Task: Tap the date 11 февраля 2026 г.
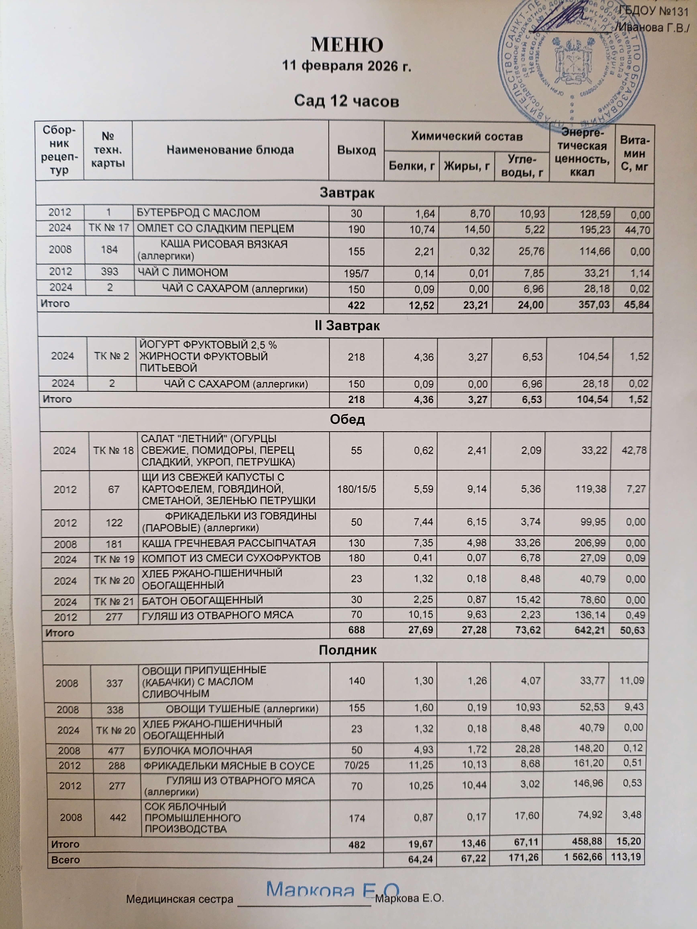[347, 66]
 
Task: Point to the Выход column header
[356, 150]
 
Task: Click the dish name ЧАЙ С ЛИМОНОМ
[183, 273]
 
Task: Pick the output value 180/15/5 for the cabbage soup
[356, 489]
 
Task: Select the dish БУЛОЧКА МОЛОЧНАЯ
[198, 751]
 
